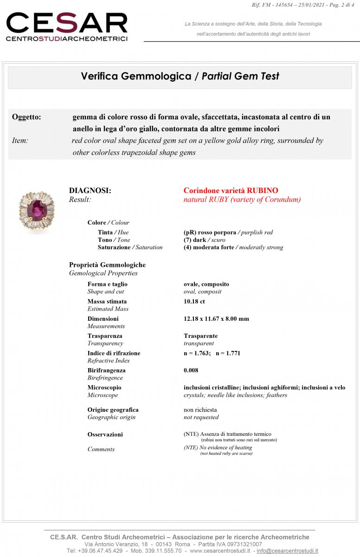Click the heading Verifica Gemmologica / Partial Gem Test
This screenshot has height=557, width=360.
click(180, 76)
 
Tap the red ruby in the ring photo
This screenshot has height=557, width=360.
click(36, 212)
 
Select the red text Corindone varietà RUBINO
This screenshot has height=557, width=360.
click(231, 190)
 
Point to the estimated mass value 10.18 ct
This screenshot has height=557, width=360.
click(194, 301)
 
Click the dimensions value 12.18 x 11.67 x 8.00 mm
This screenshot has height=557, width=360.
click(216, 319)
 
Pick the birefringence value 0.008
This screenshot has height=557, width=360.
click(191, 370)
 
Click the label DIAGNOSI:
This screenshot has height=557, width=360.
click(90, 190)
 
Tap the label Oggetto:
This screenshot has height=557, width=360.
click(26, 117)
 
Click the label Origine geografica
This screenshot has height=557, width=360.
click(113, 410)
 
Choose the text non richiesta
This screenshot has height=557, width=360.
click(200, 410)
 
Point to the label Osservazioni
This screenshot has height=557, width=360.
click(105, 434)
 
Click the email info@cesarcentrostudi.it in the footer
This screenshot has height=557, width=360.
click(287, 551)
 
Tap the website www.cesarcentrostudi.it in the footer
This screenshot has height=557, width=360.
click(220, 551)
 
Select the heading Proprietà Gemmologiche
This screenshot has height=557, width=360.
click(107, 265)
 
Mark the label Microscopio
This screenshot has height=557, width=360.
click(104, 388)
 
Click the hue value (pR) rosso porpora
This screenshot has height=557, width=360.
click(210, 232)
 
